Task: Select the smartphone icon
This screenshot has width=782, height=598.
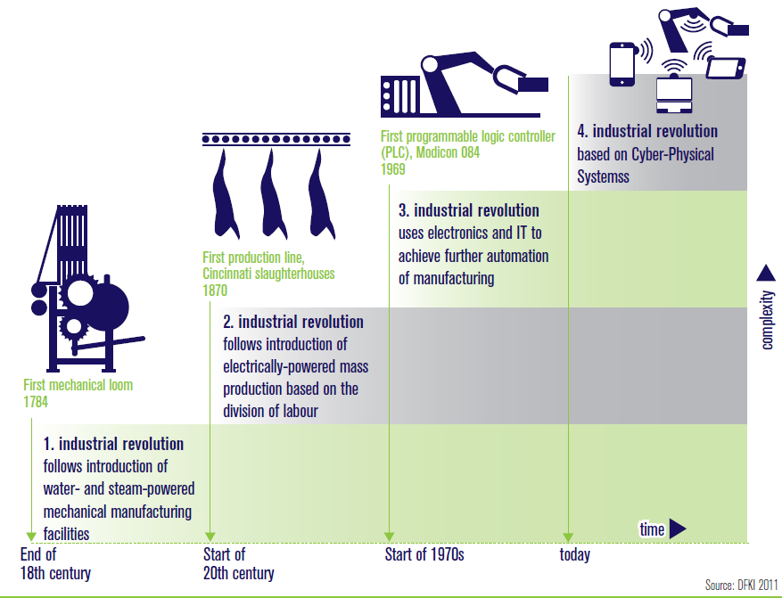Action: pyautogui.click(x=621, y=64)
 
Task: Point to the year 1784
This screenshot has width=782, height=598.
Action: pyautogui.click(x=36, y=402)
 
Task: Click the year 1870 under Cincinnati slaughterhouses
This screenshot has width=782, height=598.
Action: pyautogui.click(x=215, y=291)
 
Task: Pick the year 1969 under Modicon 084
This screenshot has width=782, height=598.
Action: pyautogui.click(x=392, y=168)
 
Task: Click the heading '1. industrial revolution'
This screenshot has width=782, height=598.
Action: pyautogui.click(x=114, y=444)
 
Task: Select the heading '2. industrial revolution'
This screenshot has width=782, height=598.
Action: pyautogui.click(x=292, y=322)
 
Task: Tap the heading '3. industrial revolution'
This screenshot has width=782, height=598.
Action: pyautogui.click(x=469, y=210)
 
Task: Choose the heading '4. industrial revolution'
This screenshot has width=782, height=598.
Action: pyautogui.click(x=647, y=131)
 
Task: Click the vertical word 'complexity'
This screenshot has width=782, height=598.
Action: pyautogui.click(x=767, y=320)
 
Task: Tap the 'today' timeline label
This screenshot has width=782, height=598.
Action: pyautogui.click(x=575, y=555)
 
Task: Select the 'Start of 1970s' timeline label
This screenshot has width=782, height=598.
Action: pyautogui.click(x=424, y=555)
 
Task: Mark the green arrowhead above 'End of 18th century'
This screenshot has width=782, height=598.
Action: pyautogui.click(x=32, y=536)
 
